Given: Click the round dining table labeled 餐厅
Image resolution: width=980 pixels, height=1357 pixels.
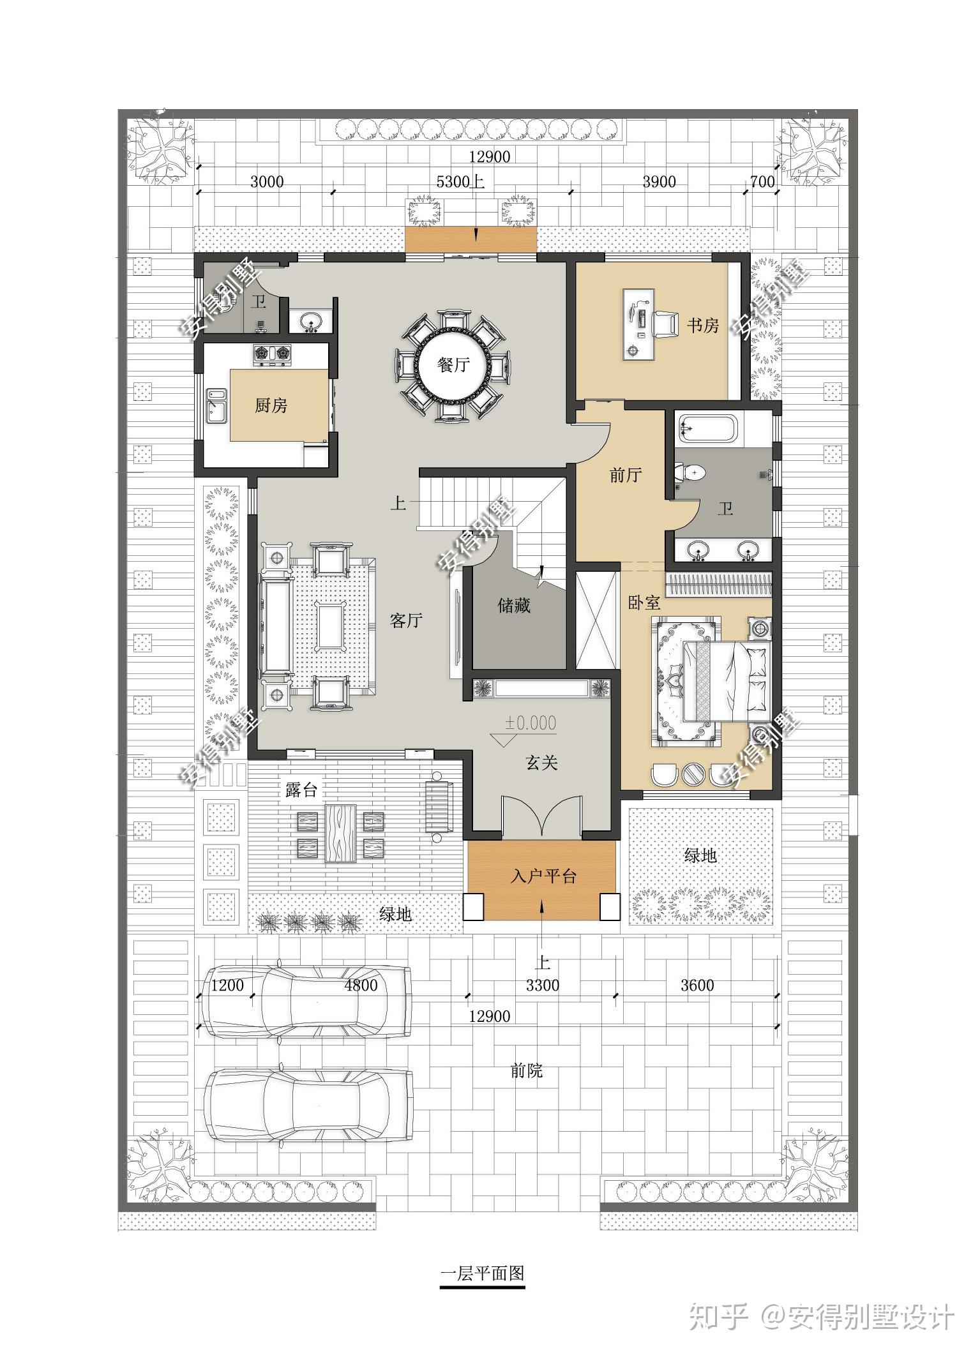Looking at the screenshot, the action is point(453,364).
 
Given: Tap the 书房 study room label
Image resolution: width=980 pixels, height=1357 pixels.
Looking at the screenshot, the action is point(702,326).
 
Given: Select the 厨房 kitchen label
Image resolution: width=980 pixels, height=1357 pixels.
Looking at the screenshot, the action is point(271,405).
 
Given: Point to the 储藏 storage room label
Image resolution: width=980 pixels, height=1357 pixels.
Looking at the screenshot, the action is point(514,604).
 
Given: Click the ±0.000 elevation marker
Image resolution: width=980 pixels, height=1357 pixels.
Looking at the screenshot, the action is point(531,723).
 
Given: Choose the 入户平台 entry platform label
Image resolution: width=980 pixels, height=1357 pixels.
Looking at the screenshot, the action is point(543,876).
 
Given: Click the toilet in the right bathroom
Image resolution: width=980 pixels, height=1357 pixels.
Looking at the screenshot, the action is point(691,473).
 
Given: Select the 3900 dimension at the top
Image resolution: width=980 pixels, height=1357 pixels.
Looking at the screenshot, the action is point(659,182).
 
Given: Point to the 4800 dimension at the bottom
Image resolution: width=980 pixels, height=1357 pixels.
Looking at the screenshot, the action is point(361,985).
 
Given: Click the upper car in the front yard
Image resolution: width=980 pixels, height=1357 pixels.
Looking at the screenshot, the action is point(307,1000).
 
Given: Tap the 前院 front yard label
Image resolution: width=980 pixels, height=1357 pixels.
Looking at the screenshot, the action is point(527,1070).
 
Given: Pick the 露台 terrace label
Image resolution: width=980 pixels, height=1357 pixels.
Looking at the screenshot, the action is point(301,790).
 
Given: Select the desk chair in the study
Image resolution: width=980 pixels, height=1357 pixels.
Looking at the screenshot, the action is point(665,320).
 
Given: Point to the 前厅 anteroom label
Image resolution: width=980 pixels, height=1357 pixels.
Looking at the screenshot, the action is point(625,474).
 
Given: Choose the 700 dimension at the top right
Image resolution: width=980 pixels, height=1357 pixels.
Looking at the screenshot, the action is point(762,182).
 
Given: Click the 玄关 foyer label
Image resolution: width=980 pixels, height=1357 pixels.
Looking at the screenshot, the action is point(541,762).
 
